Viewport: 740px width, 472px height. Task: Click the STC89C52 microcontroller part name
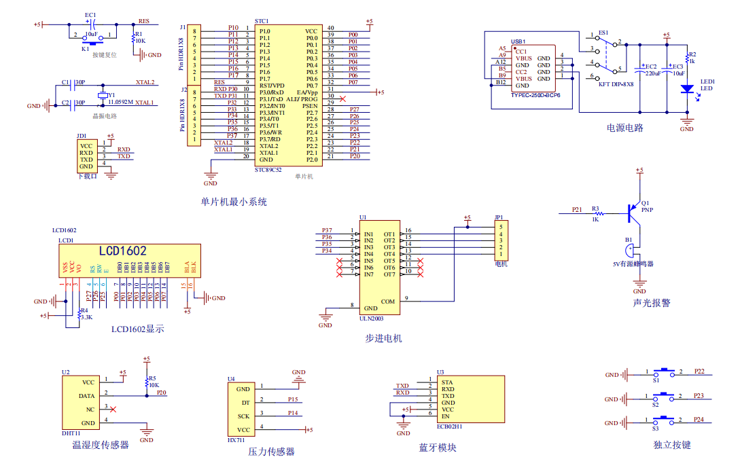coord(268,170)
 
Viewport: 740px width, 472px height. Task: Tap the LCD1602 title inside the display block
coord(122,251)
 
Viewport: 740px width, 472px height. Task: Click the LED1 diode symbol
coord(687,88)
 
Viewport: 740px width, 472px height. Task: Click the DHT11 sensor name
coord(71,433)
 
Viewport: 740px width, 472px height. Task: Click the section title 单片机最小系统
coord(234,202)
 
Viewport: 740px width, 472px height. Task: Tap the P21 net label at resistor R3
coord(577,210)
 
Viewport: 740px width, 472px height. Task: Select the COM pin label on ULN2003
coord(387,301)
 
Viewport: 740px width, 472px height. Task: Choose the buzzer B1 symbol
coord(631,251)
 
